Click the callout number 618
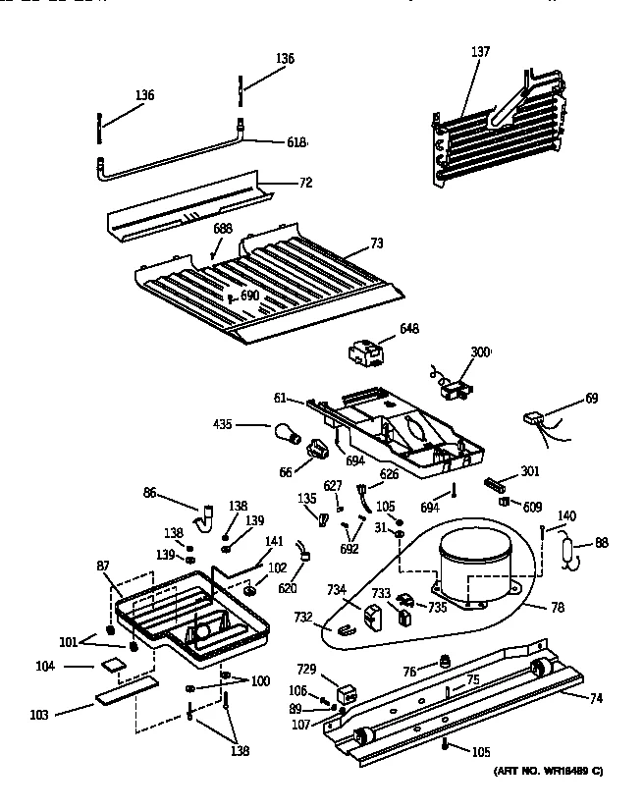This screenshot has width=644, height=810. pos(295,142)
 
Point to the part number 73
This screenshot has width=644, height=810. pos(349,243)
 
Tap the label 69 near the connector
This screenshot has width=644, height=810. pos(591,399)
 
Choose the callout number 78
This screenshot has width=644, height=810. pos(557,608)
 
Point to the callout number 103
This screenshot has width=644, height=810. pos(39,714)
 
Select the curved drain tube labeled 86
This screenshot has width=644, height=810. pos(207,515)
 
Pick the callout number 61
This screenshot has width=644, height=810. pos(279,398)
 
